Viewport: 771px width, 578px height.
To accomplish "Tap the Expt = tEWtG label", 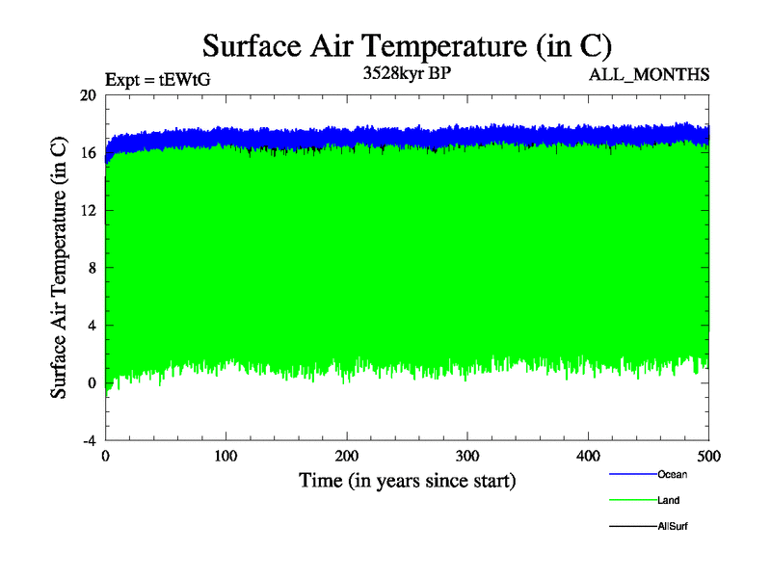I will click(x=157, y=80).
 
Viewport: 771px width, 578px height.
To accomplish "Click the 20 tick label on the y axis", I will click(x=88, y=95).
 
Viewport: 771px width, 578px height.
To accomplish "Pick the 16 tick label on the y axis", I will click(x=88, y=153).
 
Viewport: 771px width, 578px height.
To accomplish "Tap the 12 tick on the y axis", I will click(x=88, y=210).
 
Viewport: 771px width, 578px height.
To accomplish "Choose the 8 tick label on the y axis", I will click(x=92, y=268).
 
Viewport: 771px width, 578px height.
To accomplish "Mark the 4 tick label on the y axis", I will click(x=92, y=325).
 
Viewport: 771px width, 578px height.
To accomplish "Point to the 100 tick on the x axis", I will click(x=226, y=455).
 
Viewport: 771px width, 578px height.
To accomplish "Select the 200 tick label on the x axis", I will click(x=347, y=455).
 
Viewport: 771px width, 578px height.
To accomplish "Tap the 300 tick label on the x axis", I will click(x=467, y=455).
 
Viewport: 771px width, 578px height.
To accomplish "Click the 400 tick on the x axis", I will click(x=589, y=455).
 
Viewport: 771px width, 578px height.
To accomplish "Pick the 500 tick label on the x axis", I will click(x=709, y=455).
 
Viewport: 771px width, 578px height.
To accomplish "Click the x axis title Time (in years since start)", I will click(x=408, y=480).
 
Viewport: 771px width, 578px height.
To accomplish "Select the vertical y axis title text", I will click(x=59, y=268).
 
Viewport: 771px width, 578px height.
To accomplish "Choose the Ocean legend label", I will click(x=673, y=474).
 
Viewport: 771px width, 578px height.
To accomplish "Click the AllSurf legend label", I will click(x=673, y=526).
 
